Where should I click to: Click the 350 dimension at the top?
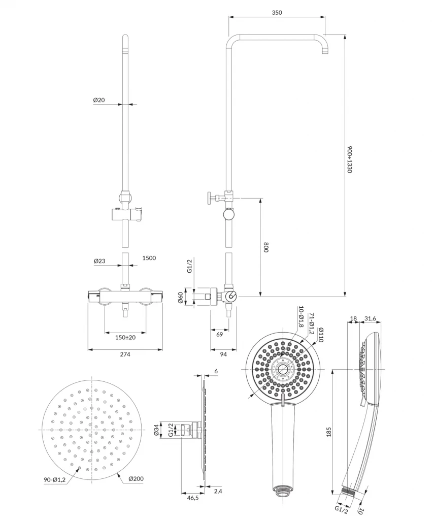coord(277,12)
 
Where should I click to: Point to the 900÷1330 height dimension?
coord(350,159)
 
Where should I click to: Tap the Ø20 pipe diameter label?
coord(99,100)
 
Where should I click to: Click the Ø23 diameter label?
coord(99,261)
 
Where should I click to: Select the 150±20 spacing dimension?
coord(125,338)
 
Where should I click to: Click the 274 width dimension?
coord(125,354)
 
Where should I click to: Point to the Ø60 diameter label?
coord(181,298)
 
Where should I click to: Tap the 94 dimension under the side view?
coord(223,354)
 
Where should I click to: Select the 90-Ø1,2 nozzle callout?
coord(55,479)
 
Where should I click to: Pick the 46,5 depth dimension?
coord(192,499)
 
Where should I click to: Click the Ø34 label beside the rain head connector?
coord(157,431)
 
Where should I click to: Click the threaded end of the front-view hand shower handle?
coord(282,491)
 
